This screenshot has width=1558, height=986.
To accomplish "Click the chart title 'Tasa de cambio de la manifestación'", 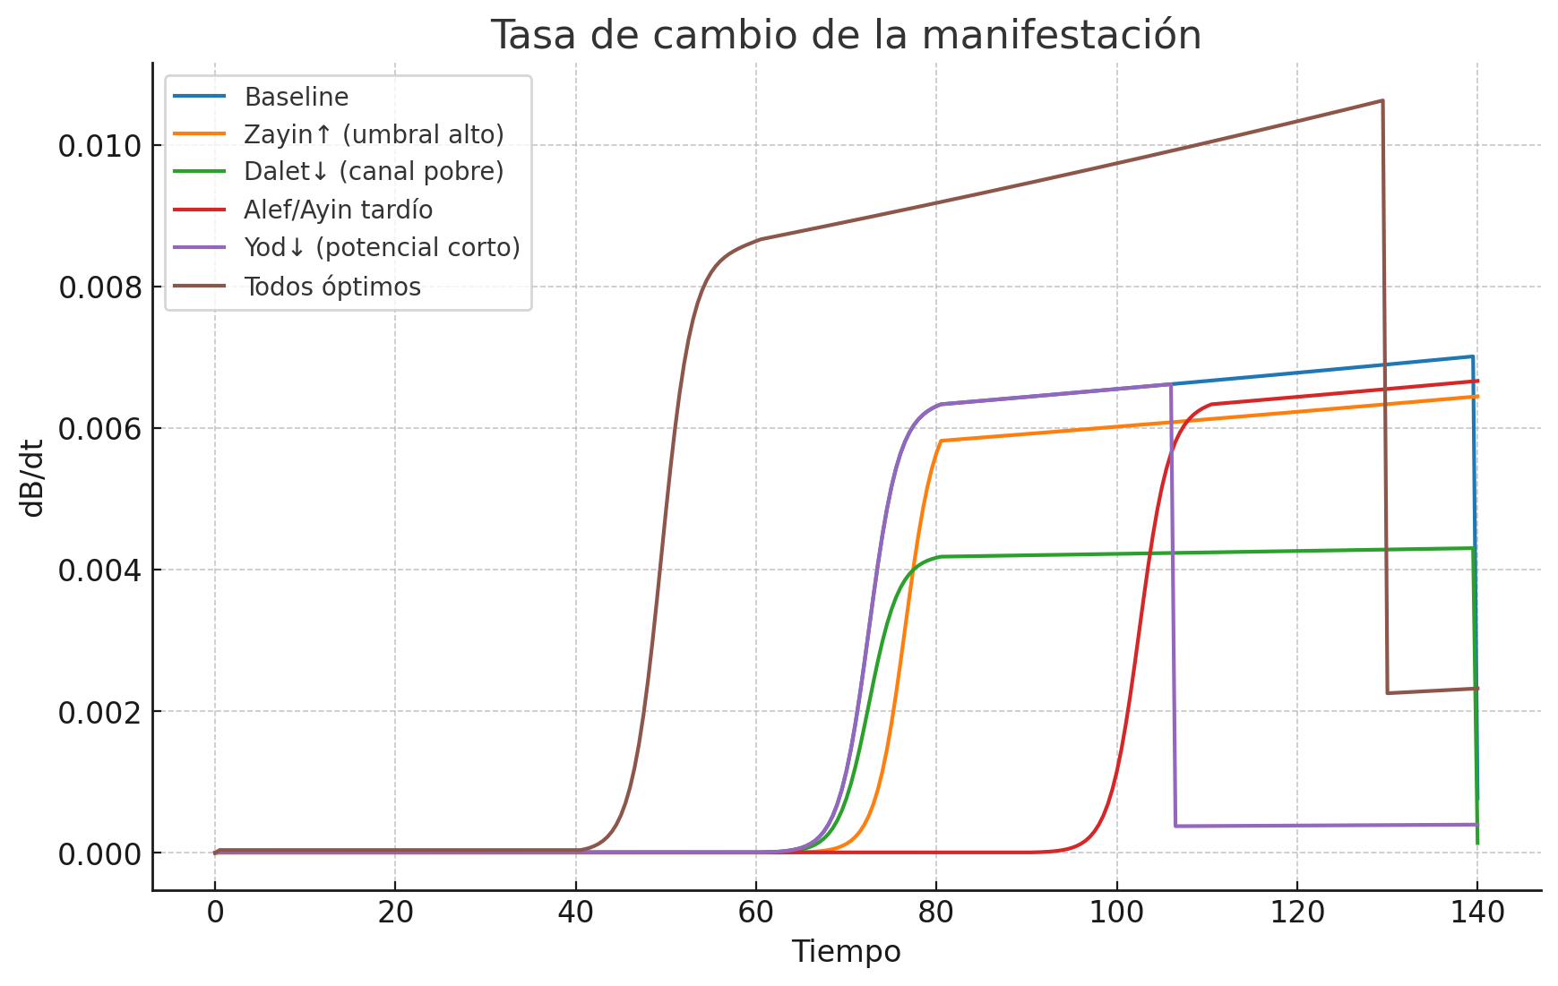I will (x=846, y=36).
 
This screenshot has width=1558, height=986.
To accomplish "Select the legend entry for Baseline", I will (x=296, y=97).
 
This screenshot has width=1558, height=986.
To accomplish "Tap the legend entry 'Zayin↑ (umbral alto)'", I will (x=374, y=134).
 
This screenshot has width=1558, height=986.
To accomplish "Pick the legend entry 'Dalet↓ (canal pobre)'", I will (x=374, y=172).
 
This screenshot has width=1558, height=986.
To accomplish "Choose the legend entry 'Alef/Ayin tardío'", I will (x=338, y=210).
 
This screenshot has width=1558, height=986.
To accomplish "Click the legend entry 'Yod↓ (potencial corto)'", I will (x=382, y=248).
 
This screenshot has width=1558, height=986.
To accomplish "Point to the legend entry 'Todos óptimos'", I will (x=331, y=287).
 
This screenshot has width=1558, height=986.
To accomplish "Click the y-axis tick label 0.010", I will (x=99, y=146).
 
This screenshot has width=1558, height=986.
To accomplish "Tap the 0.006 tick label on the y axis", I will (x=99, y=429).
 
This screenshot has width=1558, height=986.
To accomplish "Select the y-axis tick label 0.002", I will (x=99, y=713).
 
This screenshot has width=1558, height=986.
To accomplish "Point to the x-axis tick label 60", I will (x=755, y=913).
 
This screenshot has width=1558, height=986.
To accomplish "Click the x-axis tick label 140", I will (x=1477, y=913).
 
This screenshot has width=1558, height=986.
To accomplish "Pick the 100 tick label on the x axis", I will (x=1116, y=913).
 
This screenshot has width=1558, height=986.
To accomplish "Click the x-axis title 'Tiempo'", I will (x=846, y=952).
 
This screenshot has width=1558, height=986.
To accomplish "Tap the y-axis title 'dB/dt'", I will (x=33, y=478).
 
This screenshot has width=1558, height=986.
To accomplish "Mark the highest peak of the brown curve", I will (x=1382, y=100).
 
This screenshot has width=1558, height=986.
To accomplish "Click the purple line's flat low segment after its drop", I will (x=1326, y=825).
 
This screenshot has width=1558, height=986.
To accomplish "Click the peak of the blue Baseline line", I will (x=1471, y=356).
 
